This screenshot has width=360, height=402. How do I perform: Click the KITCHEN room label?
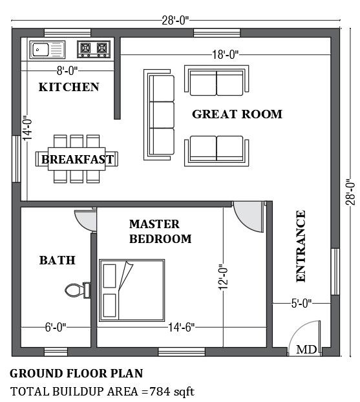pos(69,87)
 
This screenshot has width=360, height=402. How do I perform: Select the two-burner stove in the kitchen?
pos(93,48)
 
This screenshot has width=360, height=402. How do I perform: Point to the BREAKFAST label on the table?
pos(78,159)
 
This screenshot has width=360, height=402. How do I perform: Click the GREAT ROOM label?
pos(237,114)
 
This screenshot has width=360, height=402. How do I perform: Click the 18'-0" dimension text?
pos(225,56)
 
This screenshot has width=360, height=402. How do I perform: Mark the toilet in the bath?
pos(78,290)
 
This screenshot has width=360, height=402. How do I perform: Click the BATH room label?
pos(58,260)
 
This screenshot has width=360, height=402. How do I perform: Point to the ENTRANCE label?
pos(301,246)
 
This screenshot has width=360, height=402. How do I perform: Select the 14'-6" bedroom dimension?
pos(180,328)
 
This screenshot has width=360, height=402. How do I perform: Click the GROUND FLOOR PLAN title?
pos(76,374)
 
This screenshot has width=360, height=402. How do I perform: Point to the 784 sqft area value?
pos(171,391)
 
